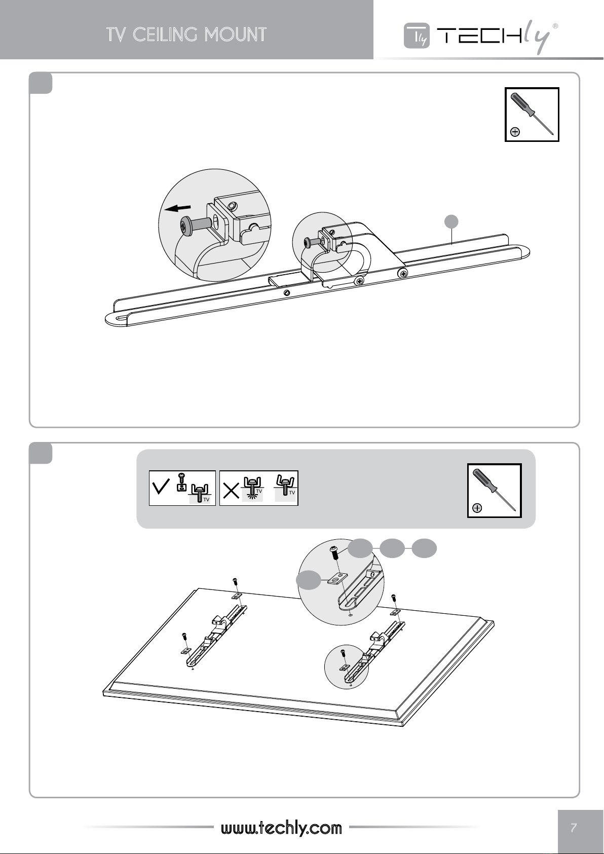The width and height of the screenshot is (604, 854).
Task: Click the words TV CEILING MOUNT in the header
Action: click(186, 34)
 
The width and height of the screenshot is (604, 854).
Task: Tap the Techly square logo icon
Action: click(417, 35)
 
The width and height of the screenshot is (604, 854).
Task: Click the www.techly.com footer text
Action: click(281, 828)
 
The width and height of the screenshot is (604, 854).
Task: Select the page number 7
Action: click(574, 827)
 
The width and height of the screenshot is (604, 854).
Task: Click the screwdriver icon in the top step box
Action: click(532, 115)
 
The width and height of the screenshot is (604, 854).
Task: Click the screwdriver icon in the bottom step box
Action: click(494, 491)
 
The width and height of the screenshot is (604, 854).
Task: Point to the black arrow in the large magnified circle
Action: click(177, 208)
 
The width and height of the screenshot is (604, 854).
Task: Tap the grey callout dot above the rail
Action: click(451, 221)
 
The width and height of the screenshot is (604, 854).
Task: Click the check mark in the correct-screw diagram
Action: click(161, 487)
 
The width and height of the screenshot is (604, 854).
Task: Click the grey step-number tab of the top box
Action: click(41, 83)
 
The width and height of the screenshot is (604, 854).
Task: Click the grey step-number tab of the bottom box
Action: click(41, 453)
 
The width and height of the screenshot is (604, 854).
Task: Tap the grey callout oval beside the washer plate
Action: click(309, 580)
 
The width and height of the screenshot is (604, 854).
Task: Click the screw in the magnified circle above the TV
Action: click(334, 553)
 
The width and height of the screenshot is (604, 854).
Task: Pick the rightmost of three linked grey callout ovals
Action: click(425, 548)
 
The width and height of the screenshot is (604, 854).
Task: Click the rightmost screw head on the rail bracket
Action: click(402, 273)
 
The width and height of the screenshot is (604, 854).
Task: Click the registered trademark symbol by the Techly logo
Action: click(555, 26)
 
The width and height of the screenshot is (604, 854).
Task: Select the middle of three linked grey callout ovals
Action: click(393, 548)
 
